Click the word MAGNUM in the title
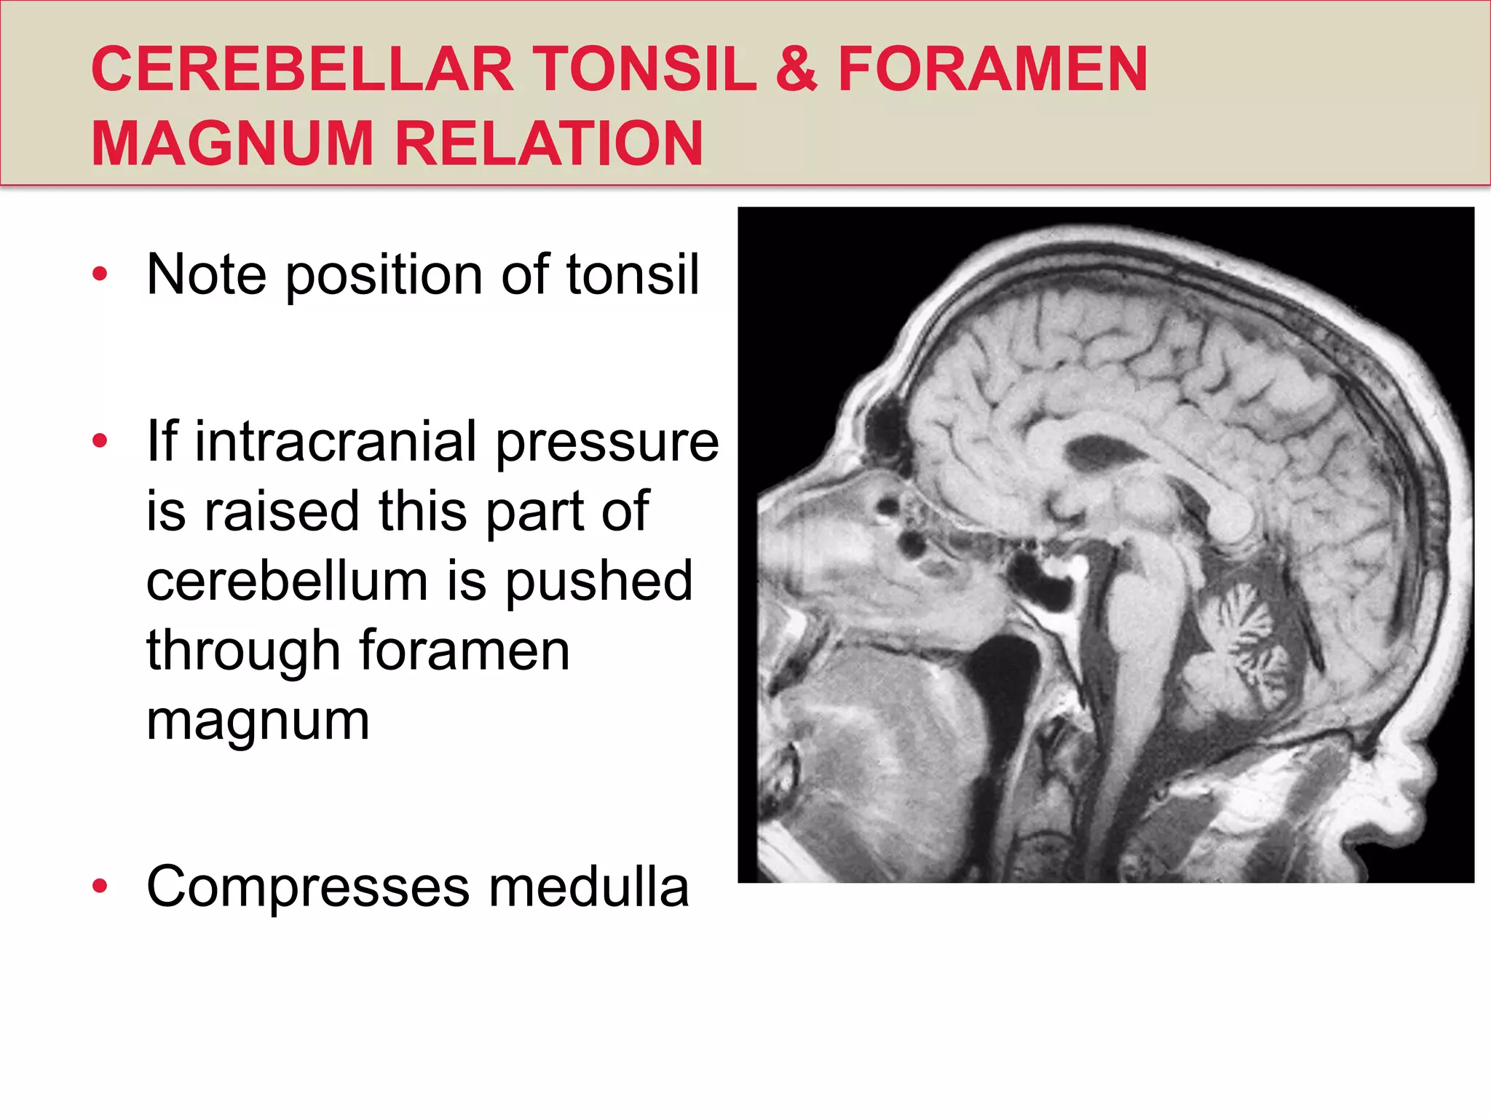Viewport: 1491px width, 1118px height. (232, 143)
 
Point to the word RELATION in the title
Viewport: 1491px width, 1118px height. (549, 143)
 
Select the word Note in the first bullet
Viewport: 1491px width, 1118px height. (206, 274)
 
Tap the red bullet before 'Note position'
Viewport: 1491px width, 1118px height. (100, 274)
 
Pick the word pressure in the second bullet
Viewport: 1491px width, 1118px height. (607, 441)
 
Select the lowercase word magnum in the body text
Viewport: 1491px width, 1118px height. (258, 721)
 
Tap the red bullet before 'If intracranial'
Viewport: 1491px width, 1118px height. (100, 441)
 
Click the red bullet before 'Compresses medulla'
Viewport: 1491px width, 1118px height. (100, 887)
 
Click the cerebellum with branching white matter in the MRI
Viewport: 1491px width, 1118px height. (1238, 641)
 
